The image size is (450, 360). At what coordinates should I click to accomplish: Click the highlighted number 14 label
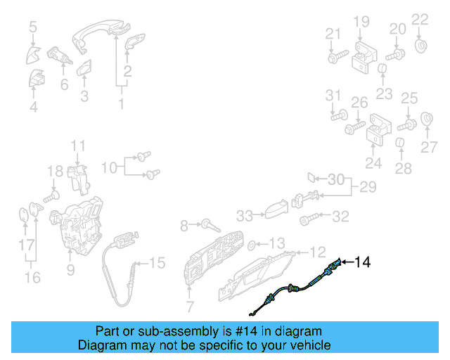click(x=362, y=262)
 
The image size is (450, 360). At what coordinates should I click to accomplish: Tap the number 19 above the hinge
click(x=361, y=22)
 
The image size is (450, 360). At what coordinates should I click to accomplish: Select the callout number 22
click(x=419, y=19)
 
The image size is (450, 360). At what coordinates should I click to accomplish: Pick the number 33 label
click(x=244, y=215)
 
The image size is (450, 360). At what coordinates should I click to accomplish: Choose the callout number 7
click(x=188, y=306)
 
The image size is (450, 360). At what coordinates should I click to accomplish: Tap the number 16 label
click(x=32, y=277)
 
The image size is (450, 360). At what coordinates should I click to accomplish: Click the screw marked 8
click(x=209, y=225)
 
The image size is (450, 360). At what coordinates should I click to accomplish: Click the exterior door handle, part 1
click(x=102, y=32)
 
